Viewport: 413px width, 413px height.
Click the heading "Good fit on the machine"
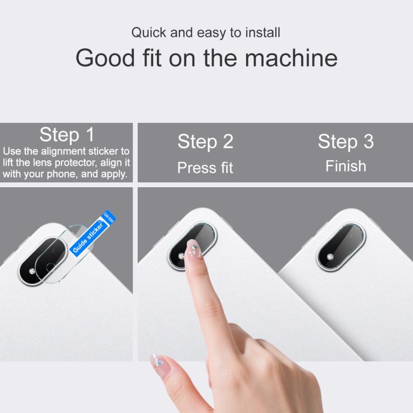click(x=206, y=58)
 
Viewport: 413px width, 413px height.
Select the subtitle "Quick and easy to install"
click(x=205, y=32)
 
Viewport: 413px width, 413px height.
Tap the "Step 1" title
click(x=67, y=134)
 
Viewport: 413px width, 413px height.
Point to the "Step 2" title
click(x=205, y=142)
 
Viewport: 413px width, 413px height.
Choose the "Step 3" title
click(x=345, y=142)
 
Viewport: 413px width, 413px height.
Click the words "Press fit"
click(x=205, y=167)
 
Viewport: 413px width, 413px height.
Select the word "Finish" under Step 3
click(x=345, y=166)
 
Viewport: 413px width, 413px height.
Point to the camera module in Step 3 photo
click(x=340, y=248)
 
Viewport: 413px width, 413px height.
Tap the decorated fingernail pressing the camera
click(x=193, y=251)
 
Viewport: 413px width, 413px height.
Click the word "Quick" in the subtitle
click(x=148, y=32)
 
